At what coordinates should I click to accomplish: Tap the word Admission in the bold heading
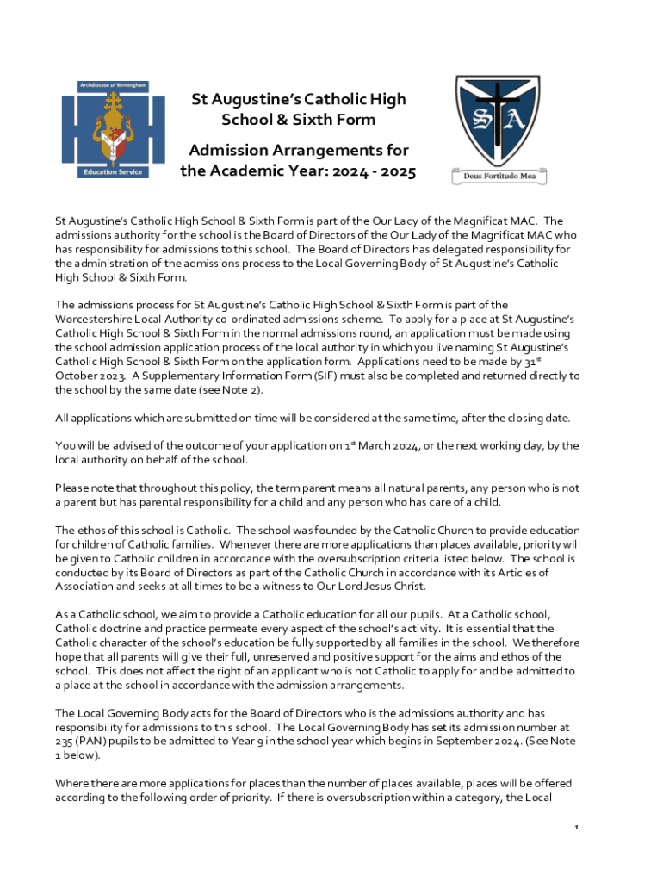(x=230, y=152)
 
